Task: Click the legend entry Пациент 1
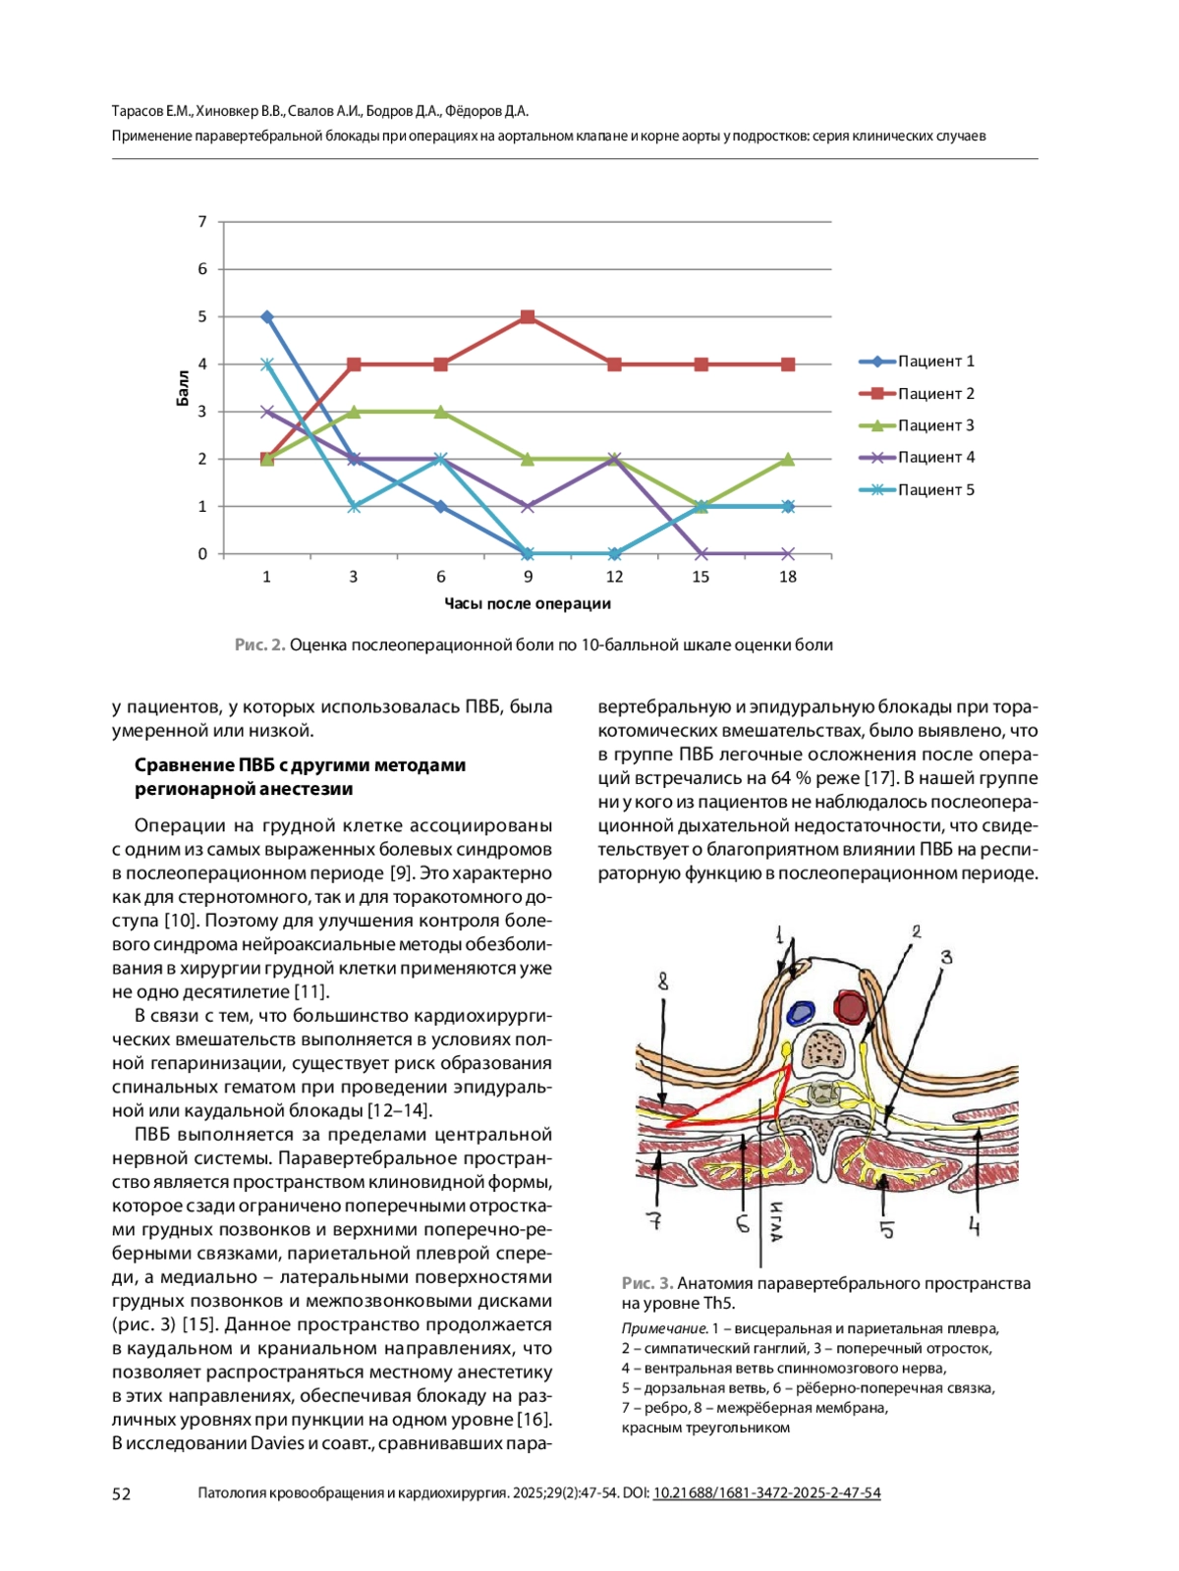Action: [x=935, y=362]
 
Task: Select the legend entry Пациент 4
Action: [x=935, y=457]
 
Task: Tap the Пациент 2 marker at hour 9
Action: [x=528, y=316]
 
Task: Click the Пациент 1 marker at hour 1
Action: [x=267, y=316]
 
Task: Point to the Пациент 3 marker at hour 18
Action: [x=788, y=459]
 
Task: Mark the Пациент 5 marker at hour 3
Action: [x=354, y=506]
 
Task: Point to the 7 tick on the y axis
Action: [x=202, y=222]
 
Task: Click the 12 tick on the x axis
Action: [x=614, y=577]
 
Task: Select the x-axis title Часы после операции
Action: [x=528, y=603]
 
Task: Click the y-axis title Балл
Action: [x=183, y=388]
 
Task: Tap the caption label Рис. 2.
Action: [x=259, y=645]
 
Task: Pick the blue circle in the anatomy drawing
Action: [x=802, y=1013]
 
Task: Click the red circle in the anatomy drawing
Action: [x=849, y=1006]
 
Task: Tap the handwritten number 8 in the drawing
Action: [x=664, y=981]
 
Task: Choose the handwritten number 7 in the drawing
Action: [x=653, y=1220]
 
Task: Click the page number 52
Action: [x=121, y=1493]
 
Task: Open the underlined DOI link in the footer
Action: [x=766, y=1493]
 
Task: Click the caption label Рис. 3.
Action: [x=646, y=1283]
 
